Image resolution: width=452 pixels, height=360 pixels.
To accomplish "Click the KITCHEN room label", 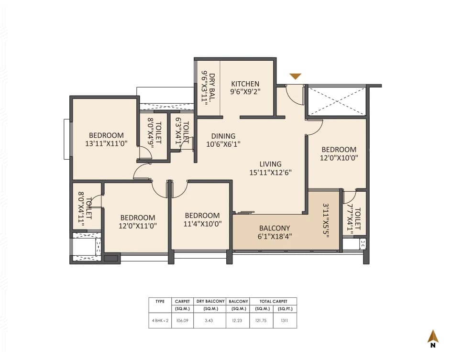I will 245,84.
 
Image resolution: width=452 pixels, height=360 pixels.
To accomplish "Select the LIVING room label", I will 271,164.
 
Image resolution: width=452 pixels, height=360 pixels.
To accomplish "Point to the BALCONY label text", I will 275,228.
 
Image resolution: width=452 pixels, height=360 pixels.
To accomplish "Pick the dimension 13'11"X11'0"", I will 106,143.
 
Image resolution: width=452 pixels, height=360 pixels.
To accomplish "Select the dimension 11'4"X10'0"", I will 202,223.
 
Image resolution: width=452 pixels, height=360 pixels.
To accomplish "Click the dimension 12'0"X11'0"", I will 138,225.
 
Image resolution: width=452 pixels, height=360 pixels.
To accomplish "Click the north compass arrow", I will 433,337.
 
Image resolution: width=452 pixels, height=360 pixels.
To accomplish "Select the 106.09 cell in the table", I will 182,320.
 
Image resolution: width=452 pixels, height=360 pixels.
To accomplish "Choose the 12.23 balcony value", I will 238,320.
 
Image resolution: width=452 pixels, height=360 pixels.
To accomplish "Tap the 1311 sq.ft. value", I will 285,320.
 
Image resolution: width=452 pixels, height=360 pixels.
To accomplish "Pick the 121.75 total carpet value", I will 261,320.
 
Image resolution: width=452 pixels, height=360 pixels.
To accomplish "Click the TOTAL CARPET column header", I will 273,302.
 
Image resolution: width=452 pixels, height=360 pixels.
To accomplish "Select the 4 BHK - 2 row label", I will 160,320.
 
